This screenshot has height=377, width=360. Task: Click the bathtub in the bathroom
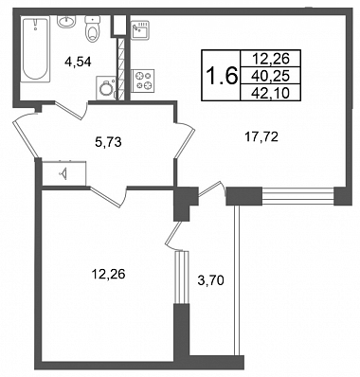pos(36,49)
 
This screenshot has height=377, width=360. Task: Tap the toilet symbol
pos(92,29)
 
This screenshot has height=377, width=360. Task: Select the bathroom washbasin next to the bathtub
pos(66,22)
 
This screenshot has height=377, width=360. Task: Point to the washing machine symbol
pos(106,87)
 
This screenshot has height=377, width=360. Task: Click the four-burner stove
pos(143,81)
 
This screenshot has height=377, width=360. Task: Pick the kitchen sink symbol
pos(140,29)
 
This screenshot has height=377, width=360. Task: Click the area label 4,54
pos(78,63)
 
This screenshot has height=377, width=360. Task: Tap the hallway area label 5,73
pos(108,142)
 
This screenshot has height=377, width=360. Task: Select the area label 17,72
pos(261,136)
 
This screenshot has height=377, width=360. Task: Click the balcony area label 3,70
pos(210,280)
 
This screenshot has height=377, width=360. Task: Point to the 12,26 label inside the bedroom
pos(108,274)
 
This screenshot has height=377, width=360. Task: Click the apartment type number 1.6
pos(222,76)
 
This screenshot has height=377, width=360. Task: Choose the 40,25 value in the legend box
pos(271,76)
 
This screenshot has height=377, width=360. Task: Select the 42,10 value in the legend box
pos(271,93)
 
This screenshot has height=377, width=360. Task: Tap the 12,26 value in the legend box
pos(271,58)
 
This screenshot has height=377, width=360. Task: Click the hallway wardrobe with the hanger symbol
pos(64,173)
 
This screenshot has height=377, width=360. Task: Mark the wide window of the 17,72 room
pos(297,196)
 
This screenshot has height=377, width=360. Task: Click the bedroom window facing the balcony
pos(182,278)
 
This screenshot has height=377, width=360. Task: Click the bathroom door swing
pos(73,109)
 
